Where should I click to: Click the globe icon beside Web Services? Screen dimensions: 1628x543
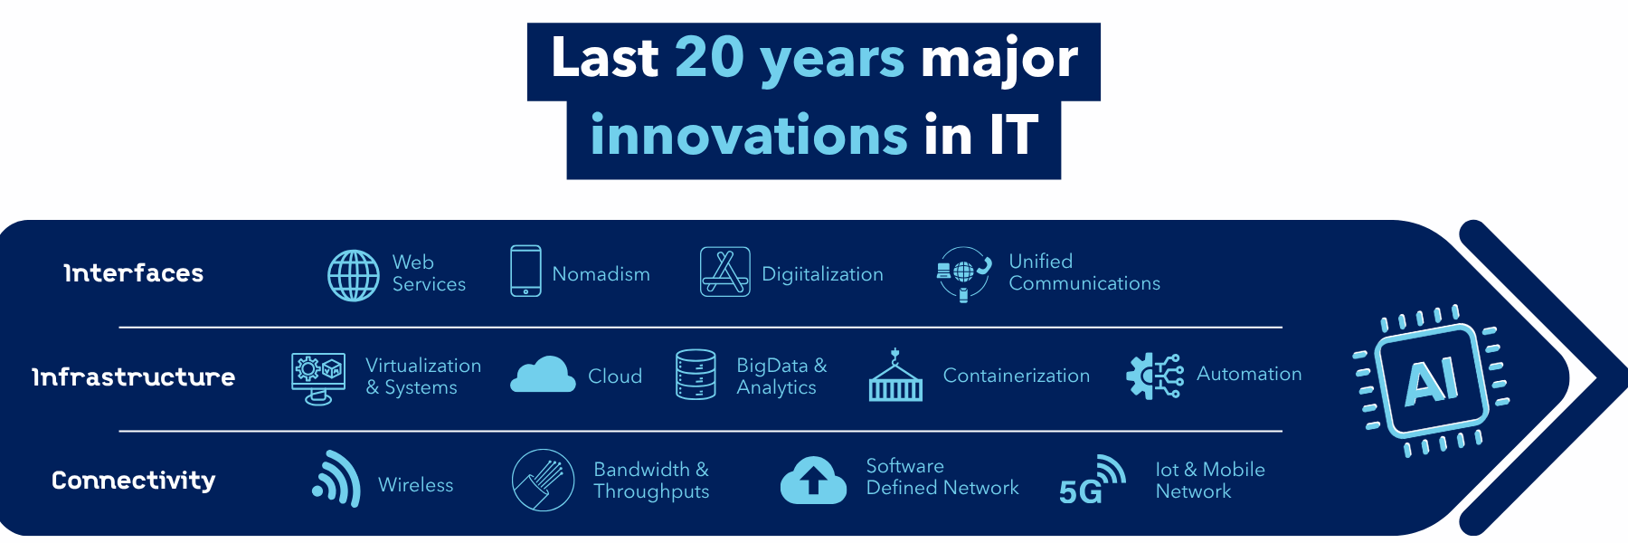[x=354, y=275]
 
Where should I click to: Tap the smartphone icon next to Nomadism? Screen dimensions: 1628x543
[x=525, y=271]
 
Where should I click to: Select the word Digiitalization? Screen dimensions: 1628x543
[x=822, y=274]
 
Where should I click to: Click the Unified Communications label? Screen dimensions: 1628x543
[x=1084, y=272]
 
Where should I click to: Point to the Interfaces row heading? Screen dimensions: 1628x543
[x=134, y=272]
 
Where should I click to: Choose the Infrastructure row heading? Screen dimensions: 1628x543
[x=134, y=376]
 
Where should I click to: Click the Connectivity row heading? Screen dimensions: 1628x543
[x=134, y=480]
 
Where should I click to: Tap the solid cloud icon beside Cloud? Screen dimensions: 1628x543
[x=543, y=375]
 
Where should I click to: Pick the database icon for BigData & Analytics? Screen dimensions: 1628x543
[x=696, y=375]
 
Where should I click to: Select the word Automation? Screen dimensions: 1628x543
[x=1249, y=374]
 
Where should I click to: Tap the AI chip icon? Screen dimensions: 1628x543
[x=1431, y=380]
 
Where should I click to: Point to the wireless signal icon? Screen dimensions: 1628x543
[x=336, y=480]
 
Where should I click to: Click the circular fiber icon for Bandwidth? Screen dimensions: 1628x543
[x=543, y=480]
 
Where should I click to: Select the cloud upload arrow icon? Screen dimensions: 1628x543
[x=813, y=480]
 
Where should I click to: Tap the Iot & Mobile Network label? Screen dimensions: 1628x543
[x=1210, y=481]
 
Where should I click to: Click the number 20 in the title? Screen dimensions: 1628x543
[x=710, y=58]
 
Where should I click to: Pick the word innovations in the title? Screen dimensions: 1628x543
[x=749, y=136]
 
